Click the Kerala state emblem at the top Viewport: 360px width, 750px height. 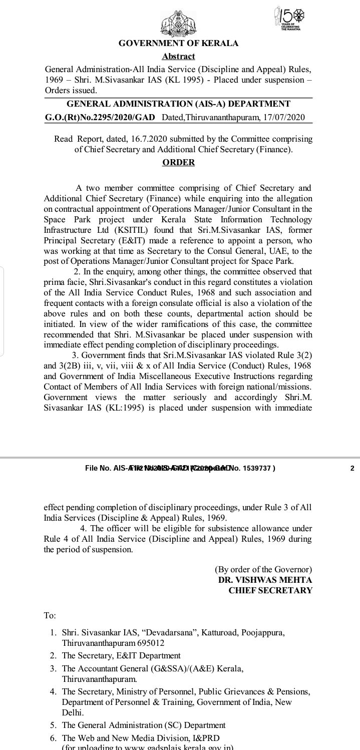[x=179, y=23]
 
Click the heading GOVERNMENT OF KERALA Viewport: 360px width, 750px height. [x=178, y=44]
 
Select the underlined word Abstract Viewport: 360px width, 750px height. [x=178, y=57]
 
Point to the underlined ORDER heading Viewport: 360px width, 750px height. [x=178, y=162]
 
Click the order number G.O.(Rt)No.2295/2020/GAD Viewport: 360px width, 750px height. [x=100, y=118]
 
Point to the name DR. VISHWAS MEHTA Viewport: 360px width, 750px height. [x=265, y=580]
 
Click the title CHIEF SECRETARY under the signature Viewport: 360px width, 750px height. [x=270, y=590]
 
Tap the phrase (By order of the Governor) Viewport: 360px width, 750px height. [x=263, y=569]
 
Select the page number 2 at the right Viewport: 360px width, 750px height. [x=352, y=468]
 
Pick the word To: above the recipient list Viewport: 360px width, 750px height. [x=50, y=615]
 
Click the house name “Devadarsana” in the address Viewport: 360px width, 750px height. [x=170, y=632]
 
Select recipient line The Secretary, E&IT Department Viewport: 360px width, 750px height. [x=121, y=655]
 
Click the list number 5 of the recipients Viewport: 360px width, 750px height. [x=53, y=725]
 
